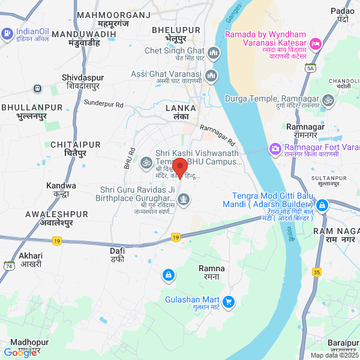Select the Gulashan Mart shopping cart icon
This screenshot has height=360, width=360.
click(227, 301)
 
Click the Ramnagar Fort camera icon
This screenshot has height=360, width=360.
click(275, 148)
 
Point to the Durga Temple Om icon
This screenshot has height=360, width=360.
click(328, 99)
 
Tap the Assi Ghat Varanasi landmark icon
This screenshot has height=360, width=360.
click(211, 76)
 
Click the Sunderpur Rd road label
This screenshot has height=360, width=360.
click(103, 104)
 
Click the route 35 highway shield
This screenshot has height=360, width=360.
click(317, 272)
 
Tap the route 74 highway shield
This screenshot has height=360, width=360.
click(9, 265)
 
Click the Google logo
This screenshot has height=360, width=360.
click(20, 353)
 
